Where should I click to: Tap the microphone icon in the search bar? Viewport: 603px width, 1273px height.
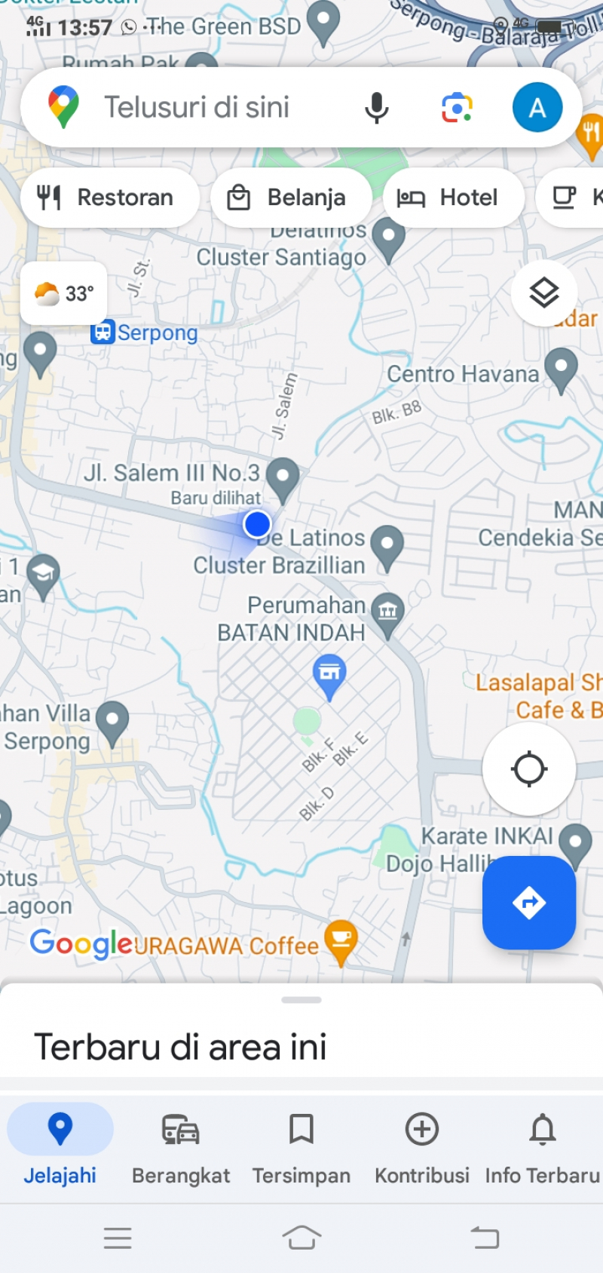pyautogui.click(x=376, y=108)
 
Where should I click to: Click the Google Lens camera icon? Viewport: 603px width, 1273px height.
pyautogui.click(x=457, y=108)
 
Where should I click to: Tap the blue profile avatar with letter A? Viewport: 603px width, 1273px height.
pyautogui.click(x=537, y=108)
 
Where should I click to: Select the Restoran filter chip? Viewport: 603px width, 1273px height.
pyautogui.click(x=110, y=198)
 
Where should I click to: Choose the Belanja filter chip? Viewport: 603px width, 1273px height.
pyautogui.click(x=291, y=198)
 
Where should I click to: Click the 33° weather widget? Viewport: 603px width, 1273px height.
pyautogui.click(x=64, y=293)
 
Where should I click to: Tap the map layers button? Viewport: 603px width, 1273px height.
pyautogui.click(x=543, y=293)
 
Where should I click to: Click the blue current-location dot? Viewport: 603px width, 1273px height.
pyautogui.click(x=257, y=523)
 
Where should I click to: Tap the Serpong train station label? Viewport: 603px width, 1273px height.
pyautogui.click(x=145, y=333)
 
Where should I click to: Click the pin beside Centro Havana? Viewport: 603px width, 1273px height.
pyautogui.click(x=561, y=369)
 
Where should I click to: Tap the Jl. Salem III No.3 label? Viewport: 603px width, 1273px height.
pyautogui.click(x=172, y=474)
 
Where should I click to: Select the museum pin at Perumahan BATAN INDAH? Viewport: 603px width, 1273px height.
pyautogui.click(x=387, y=612)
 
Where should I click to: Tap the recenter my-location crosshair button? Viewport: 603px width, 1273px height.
pyautogui.click(x=529, y=769)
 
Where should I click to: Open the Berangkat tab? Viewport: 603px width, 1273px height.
pyautogui.click(x=181, y=1146)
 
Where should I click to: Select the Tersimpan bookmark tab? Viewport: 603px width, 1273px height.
pyautogui.click(x=301, y=1146)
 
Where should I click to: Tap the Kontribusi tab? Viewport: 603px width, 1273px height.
pyautogui.click(x=422, y=1146)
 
